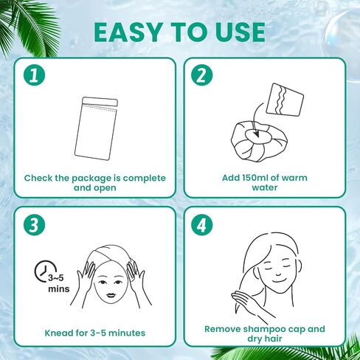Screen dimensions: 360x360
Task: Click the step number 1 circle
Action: click(x=34, y=75)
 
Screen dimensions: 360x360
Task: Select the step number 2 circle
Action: click(x=202, y=75)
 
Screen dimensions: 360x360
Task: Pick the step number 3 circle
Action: click(x=34, y=225)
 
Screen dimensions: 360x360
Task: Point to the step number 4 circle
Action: click(x=202, y=225)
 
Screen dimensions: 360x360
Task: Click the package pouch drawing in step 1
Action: click(x=96, y=128)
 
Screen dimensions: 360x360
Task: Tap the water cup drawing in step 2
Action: click(x=285, y=100)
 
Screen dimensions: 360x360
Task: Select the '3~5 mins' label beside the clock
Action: click(x=58, y=283)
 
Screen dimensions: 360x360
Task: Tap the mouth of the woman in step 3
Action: click(x=111, y=295)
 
